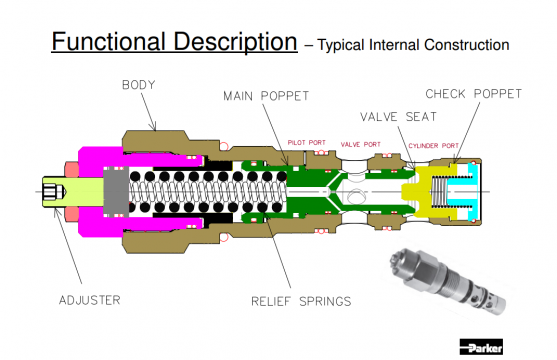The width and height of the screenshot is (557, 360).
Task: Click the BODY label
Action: (x=139, y=85)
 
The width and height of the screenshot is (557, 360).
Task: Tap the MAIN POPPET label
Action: (x=266, y=96)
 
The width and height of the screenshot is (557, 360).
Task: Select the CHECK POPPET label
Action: (x=474, y=94)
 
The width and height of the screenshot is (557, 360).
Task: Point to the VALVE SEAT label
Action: (x=398, y=117)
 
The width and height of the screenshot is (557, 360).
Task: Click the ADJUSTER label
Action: (x=90, y=300)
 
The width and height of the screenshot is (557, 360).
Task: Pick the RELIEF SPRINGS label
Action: (x=301, y=301)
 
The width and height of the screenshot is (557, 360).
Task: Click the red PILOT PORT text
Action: (x=307, y=143)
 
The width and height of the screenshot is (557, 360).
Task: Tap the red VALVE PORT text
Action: (x=361, y=144)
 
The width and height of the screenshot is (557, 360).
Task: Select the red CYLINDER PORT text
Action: (x=433, y=146)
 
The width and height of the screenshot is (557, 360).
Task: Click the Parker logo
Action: (x=481, y=347)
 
